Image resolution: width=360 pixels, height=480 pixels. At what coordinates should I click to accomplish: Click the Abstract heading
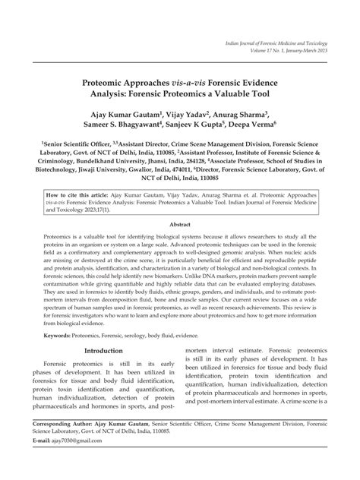[179, 225]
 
